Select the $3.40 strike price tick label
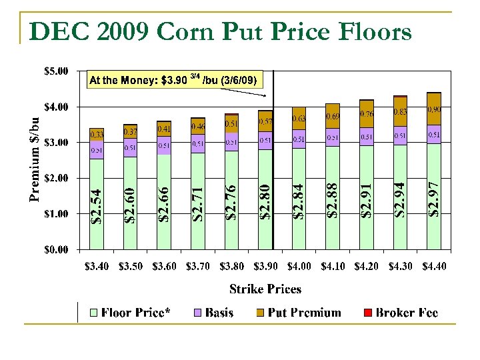[97, 267]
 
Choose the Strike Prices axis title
[265, 289]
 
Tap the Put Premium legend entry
[298, 313]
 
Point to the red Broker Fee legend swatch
[367, 313]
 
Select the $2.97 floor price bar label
[433, 198]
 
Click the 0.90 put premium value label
[434, 109]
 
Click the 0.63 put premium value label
[299, 119]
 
